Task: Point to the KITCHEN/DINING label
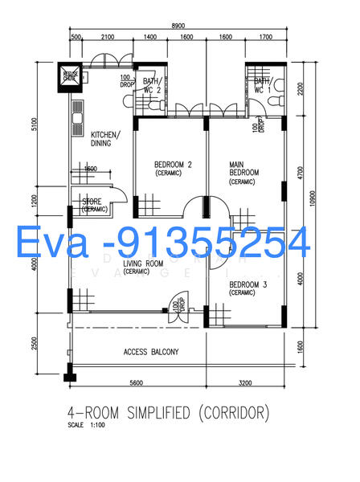coord(106,139)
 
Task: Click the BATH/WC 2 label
coord(152,86)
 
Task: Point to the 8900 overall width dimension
coord(173,26)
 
